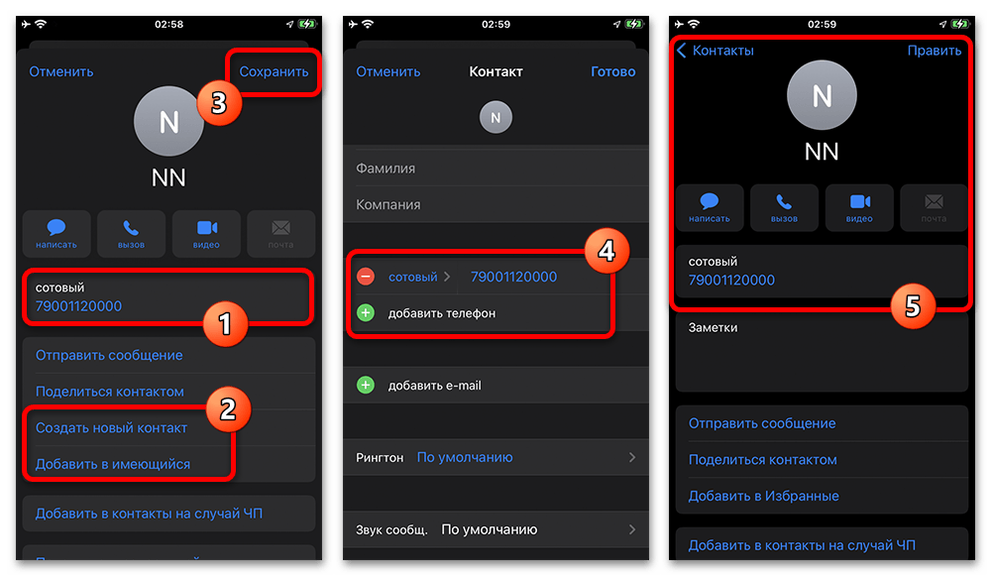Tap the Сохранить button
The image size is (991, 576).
point(274,71)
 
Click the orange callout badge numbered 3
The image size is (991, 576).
point(219,102)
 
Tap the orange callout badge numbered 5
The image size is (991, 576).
point(913,306)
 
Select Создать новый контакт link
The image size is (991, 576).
point(111,428)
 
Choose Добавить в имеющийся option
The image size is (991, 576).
point(113,464)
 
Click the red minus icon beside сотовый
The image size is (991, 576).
point(366,277)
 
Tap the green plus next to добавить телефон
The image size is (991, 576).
point(366,312)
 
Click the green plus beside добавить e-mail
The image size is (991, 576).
point(366,385)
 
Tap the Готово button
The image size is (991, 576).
point(613,71)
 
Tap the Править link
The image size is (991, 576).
point(935,51)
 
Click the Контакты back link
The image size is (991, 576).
point(716,51)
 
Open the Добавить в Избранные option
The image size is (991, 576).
point(763,496)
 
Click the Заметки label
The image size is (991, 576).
point(713,327)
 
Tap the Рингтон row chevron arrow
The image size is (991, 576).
point(632,457)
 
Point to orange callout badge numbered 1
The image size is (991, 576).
point(225,324)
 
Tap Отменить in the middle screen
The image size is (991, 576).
point(388,71)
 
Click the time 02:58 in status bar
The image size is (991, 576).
point(168,24)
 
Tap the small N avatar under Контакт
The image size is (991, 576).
point(495,117)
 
